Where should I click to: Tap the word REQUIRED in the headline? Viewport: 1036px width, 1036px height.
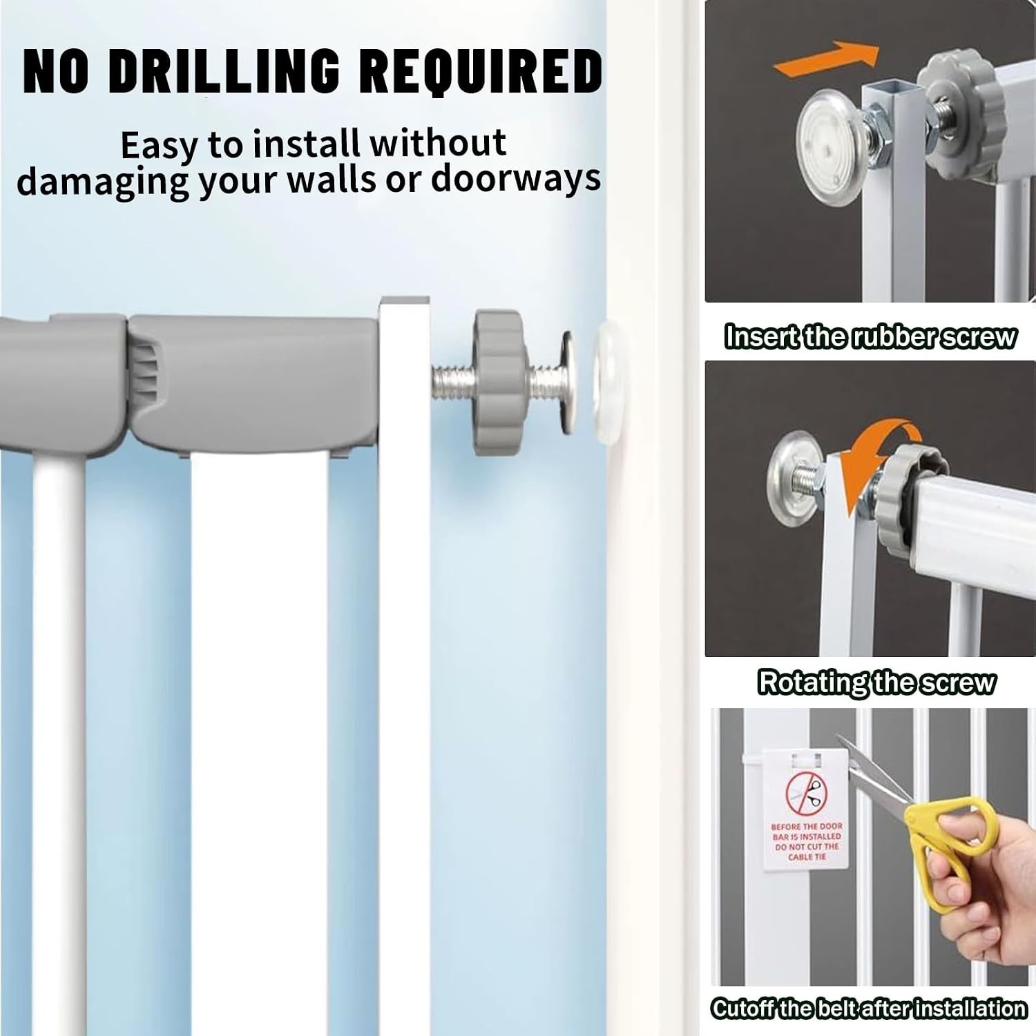click(x=481, y=71)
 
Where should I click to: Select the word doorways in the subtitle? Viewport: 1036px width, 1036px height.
click(x=515, y=179)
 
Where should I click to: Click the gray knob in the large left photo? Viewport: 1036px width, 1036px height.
click(x=499, y=382)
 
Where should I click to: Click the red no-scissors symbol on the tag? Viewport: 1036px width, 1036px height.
click(x=806, y=794)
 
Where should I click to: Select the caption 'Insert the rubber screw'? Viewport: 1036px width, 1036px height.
click(x=870, y=336)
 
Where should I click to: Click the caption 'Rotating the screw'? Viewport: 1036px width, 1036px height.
click(x=876, y=682)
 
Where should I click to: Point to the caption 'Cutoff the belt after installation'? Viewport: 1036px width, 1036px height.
click(x=868, y=1009)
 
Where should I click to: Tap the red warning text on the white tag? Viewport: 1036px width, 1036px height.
click(x=806, y=841)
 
